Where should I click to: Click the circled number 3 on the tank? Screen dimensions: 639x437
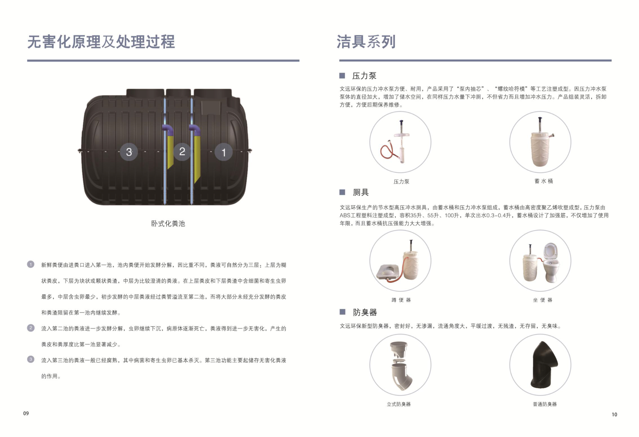pyautogui.click(x=129, y=152)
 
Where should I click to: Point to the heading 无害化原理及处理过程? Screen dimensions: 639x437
pyautogui.click(x=101, y=42)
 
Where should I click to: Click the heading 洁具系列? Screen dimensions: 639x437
pyautogui.click(x=366, y=42)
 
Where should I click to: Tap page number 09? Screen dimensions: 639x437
pyautogui.click(x=26, y=413)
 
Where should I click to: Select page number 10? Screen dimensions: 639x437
pyautogui.click(x=615, y=414)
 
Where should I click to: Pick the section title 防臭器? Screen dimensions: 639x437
pyautogui.click(x=365, y=312)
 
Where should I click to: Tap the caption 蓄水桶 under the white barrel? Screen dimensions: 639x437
pyautogui.click(x=544, y=181)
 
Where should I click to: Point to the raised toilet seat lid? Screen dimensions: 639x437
pyautogui.click(x=551, y=251)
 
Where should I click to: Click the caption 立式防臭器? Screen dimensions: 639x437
pyautogui.click(x=399, y=404)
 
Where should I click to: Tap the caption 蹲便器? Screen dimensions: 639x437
pyautogui.click(x=401, y=300)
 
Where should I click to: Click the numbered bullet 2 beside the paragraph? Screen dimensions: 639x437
pyautogui.click(x=31, y=328)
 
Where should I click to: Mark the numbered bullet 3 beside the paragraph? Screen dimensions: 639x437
pyautogui.click(x=31, y=359)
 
